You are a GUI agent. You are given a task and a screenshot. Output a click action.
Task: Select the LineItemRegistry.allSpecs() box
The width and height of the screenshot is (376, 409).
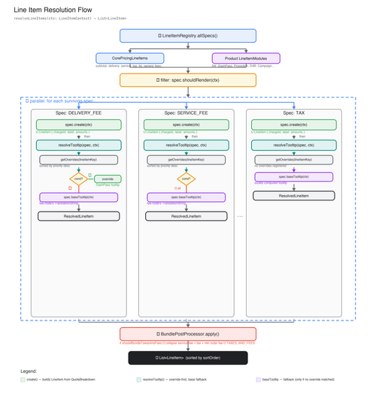[187, 36]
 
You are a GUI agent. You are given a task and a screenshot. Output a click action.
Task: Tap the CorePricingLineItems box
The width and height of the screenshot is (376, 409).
[130, 58]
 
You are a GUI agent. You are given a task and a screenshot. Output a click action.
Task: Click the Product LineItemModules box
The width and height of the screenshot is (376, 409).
[246, 58]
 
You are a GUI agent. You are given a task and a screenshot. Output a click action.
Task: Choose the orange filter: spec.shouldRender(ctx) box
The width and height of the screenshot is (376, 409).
[187, 80]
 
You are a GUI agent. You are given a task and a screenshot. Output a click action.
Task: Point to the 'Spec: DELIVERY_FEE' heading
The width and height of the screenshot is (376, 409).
[79, 113]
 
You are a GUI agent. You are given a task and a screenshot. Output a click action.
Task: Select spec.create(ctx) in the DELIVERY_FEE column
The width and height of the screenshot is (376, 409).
[79, 125]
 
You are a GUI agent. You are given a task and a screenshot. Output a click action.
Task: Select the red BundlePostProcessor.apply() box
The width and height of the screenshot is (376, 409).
[187, 333]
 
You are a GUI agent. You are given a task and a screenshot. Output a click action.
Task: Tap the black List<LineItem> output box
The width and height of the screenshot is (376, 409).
[187, 358]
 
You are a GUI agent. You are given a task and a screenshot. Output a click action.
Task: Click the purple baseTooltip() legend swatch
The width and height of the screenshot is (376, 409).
[258, 380]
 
